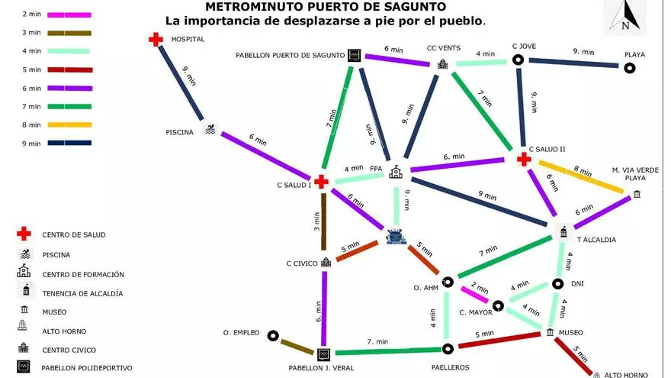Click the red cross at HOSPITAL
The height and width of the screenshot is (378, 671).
(156, 40)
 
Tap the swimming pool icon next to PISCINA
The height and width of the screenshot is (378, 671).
(210, 128)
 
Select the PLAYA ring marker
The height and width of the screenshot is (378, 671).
(629, 68)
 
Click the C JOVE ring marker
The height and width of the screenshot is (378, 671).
(518, 60)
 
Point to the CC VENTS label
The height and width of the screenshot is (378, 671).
(443, 48)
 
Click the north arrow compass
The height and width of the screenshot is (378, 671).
(625, 17)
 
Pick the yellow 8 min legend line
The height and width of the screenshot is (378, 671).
(69, 124)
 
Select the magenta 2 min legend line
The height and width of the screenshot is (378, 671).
(69, 15)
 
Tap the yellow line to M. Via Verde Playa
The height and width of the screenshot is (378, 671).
(581, 176)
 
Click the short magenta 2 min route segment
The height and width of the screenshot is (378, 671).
(474, 295)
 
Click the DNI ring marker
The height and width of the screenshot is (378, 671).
(557, 284)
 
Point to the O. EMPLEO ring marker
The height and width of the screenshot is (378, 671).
(273, 335)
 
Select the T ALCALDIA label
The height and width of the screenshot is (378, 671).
(596, 240)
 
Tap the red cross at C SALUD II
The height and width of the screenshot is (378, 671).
(524, 160)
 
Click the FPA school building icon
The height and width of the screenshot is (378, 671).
(396, 172)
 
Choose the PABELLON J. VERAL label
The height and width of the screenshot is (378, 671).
(321, 368)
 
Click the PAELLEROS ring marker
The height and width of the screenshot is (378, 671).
(448, 349)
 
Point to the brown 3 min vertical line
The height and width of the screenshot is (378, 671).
(324, 221)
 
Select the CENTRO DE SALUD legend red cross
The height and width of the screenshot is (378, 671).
(24, 234)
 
